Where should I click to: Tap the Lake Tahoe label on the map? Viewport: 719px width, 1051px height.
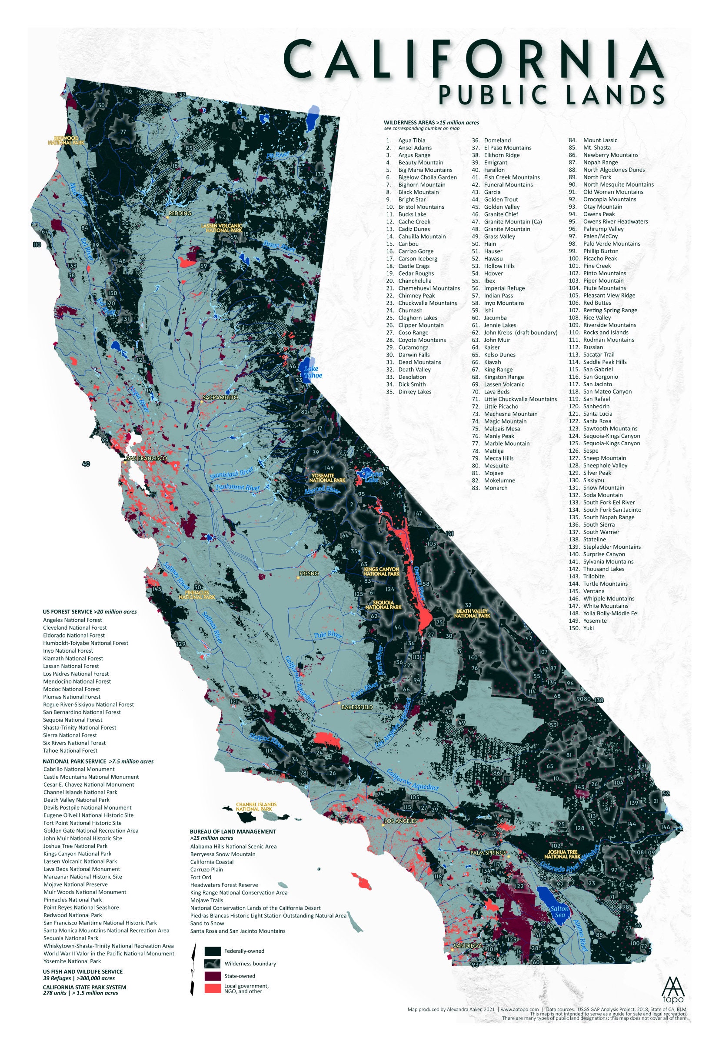pos(313,372)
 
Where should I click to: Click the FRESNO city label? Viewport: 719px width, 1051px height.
pos(310,574)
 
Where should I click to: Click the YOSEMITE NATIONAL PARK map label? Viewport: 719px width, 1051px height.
pos(328,477)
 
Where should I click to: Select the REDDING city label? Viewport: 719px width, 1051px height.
pos(180,213)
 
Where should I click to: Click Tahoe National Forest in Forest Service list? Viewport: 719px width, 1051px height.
pos(70,750)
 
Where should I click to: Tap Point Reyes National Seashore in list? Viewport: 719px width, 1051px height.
pos(81,894)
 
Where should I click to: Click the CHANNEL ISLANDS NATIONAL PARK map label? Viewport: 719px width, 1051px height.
pos(256,806)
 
